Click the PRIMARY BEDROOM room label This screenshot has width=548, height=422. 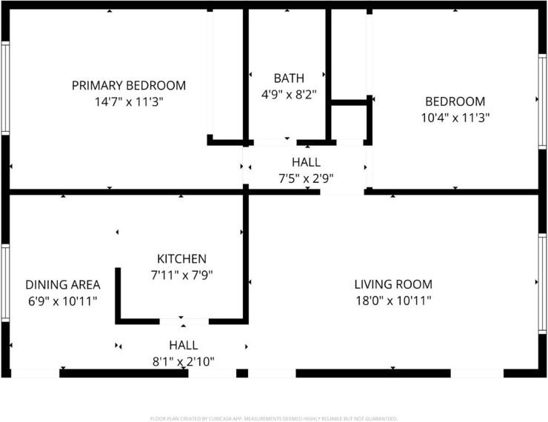(129, 86)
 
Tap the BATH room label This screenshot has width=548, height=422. (289, 78)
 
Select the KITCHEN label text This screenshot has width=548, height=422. (181, 259)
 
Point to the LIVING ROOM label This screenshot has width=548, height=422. (393, 284)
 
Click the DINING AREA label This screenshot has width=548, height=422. (63, 285)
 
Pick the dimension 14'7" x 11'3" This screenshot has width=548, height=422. (129, 102)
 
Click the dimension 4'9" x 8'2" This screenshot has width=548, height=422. (289, 94)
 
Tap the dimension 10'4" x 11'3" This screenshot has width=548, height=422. (455, 118)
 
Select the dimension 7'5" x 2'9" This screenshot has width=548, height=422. (306, 178)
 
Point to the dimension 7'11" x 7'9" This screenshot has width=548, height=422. (181, 275)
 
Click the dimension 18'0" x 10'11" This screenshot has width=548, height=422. (393, 301)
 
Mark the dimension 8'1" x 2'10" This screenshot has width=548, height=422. (184, 361)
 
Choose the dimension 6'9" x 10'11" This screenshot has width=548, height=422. (62, 301)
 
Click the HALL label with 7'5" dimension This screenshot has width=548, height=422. (306, 162)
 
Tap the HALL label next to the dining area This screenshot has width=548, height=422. (184, 345)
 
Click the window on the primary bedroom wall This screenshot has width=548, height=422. (5, 88)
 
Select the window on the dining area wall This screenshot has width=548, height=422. (5, 283)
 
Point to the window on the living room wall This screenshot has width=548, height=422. (542, 284)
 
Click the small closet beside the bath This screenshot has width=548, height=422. (349, 122)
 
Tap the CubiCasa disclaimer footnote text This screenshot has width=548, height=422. (274, 418)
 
